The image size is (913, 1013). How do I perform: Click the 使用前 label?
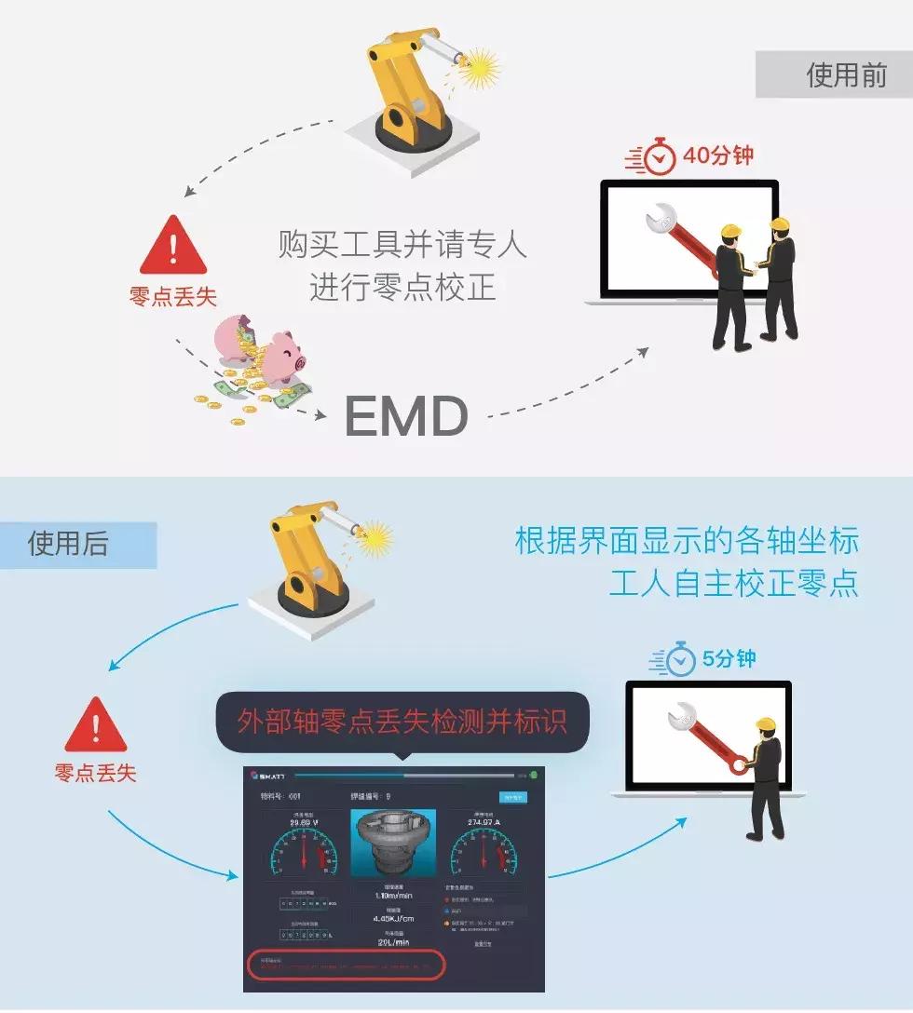coord(846,74)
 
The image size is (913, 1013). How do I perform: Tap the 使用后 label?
coord(68,544)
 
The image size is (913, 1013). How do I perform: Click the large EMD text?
coord(406,415)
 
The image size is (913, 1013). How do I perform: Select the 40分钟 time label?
coord(718,155)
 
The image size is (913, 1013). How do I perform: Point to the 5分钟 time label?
coord(729,659)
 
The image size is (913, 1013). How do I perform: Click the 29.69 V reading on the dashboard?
coord(305,822)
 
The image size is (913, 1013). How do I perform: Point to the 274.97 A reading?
coord(483,822)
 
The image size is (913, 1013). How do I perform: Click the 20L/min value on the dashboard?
coord(393,942)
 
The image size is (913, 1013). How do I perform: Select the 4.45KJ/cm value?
coord(393,918)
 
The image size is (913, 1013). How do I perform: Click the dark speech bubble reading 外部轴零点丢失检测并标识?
coord(402,722)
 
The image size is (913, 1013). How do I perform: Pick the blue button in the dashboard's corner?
coord(513,798)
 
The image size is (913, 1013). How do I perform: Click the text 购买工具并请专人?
coord(402,245)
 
